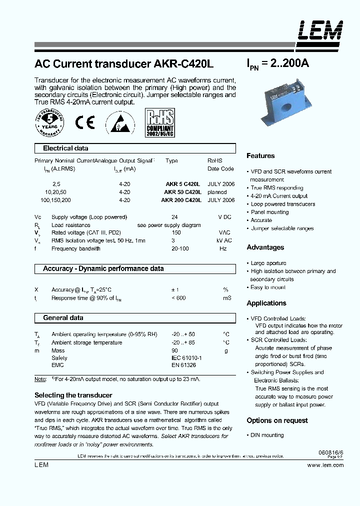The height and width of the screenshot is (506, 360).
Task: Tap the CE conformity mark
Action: click(x=84, y=123)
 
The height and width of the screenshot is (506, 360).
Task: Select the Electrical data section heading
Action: click(x=65, y=148)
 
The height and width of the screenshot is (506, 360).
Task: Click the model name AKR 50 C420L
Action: click(x=183, y=192)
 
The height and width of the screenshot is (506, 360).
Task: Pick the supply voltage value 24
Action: click(x=174, y=217)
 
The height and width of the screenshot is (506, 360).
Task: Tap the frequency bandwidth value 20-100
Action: click(x=179, y=248)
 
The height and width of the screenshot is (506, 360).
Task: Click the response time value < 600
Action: click(x=178, y=298)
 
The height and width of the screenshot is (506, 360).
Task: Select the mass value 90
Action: click(x=174, y=350)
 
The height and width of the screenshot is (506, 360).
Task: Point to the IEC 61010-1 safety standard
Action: click(x=186, y=358)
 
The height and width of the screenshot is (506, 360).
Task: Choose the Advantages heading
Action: click(x=265, y=247)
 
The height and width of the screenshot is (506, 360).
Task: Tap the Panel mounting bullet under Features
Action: click(x=269, y=212)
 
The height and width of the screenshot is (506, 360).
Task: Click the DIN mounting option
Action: click(x=267, y=435)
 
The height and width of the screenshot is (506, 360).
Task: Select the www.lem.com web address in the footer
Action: click(x=325, y=465)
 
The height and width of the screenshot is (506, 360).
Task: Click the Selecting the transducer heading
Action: click(x=73, y=395)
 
